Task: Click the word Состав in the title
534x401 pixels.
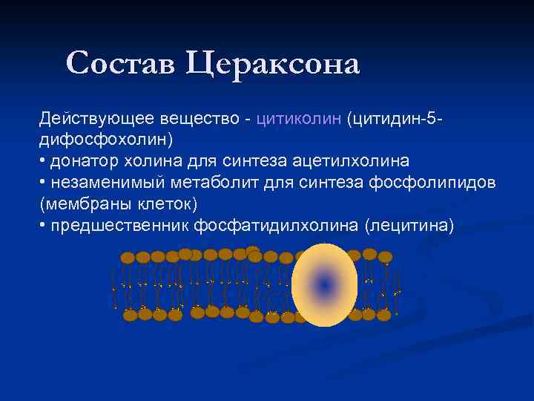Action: (122, 63)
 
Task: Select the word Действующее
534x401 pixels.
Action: (88, 119)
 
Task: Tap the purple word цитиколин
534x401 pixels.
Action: (298, 119)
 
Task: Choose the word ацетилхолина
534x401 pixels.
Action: (357, 161)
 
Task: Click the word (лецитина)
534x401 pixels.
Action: (409, 225)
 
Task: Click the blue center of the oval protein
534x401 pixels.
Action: (324, 284)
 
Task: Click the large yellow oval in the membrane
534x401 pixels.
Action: (324, 260)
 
